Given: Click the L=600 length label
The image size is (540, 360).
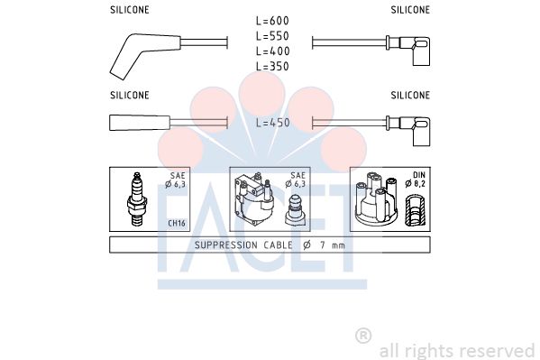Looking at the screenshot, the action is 272,21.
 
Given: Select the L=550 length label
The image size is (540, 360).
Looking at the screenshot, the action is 272,36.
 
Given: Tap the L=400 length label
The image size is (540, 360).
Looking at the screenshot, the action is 272,51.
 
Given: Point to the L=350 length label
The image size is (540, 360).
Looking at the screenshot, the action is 272,66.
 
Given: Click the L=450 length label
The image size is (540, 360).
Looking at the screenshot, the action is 273,123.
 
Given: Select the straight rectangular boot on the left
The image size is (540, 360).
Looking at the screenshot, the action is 140,123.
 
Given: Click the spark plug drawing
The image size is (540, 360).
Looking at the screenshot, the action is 137,198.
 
